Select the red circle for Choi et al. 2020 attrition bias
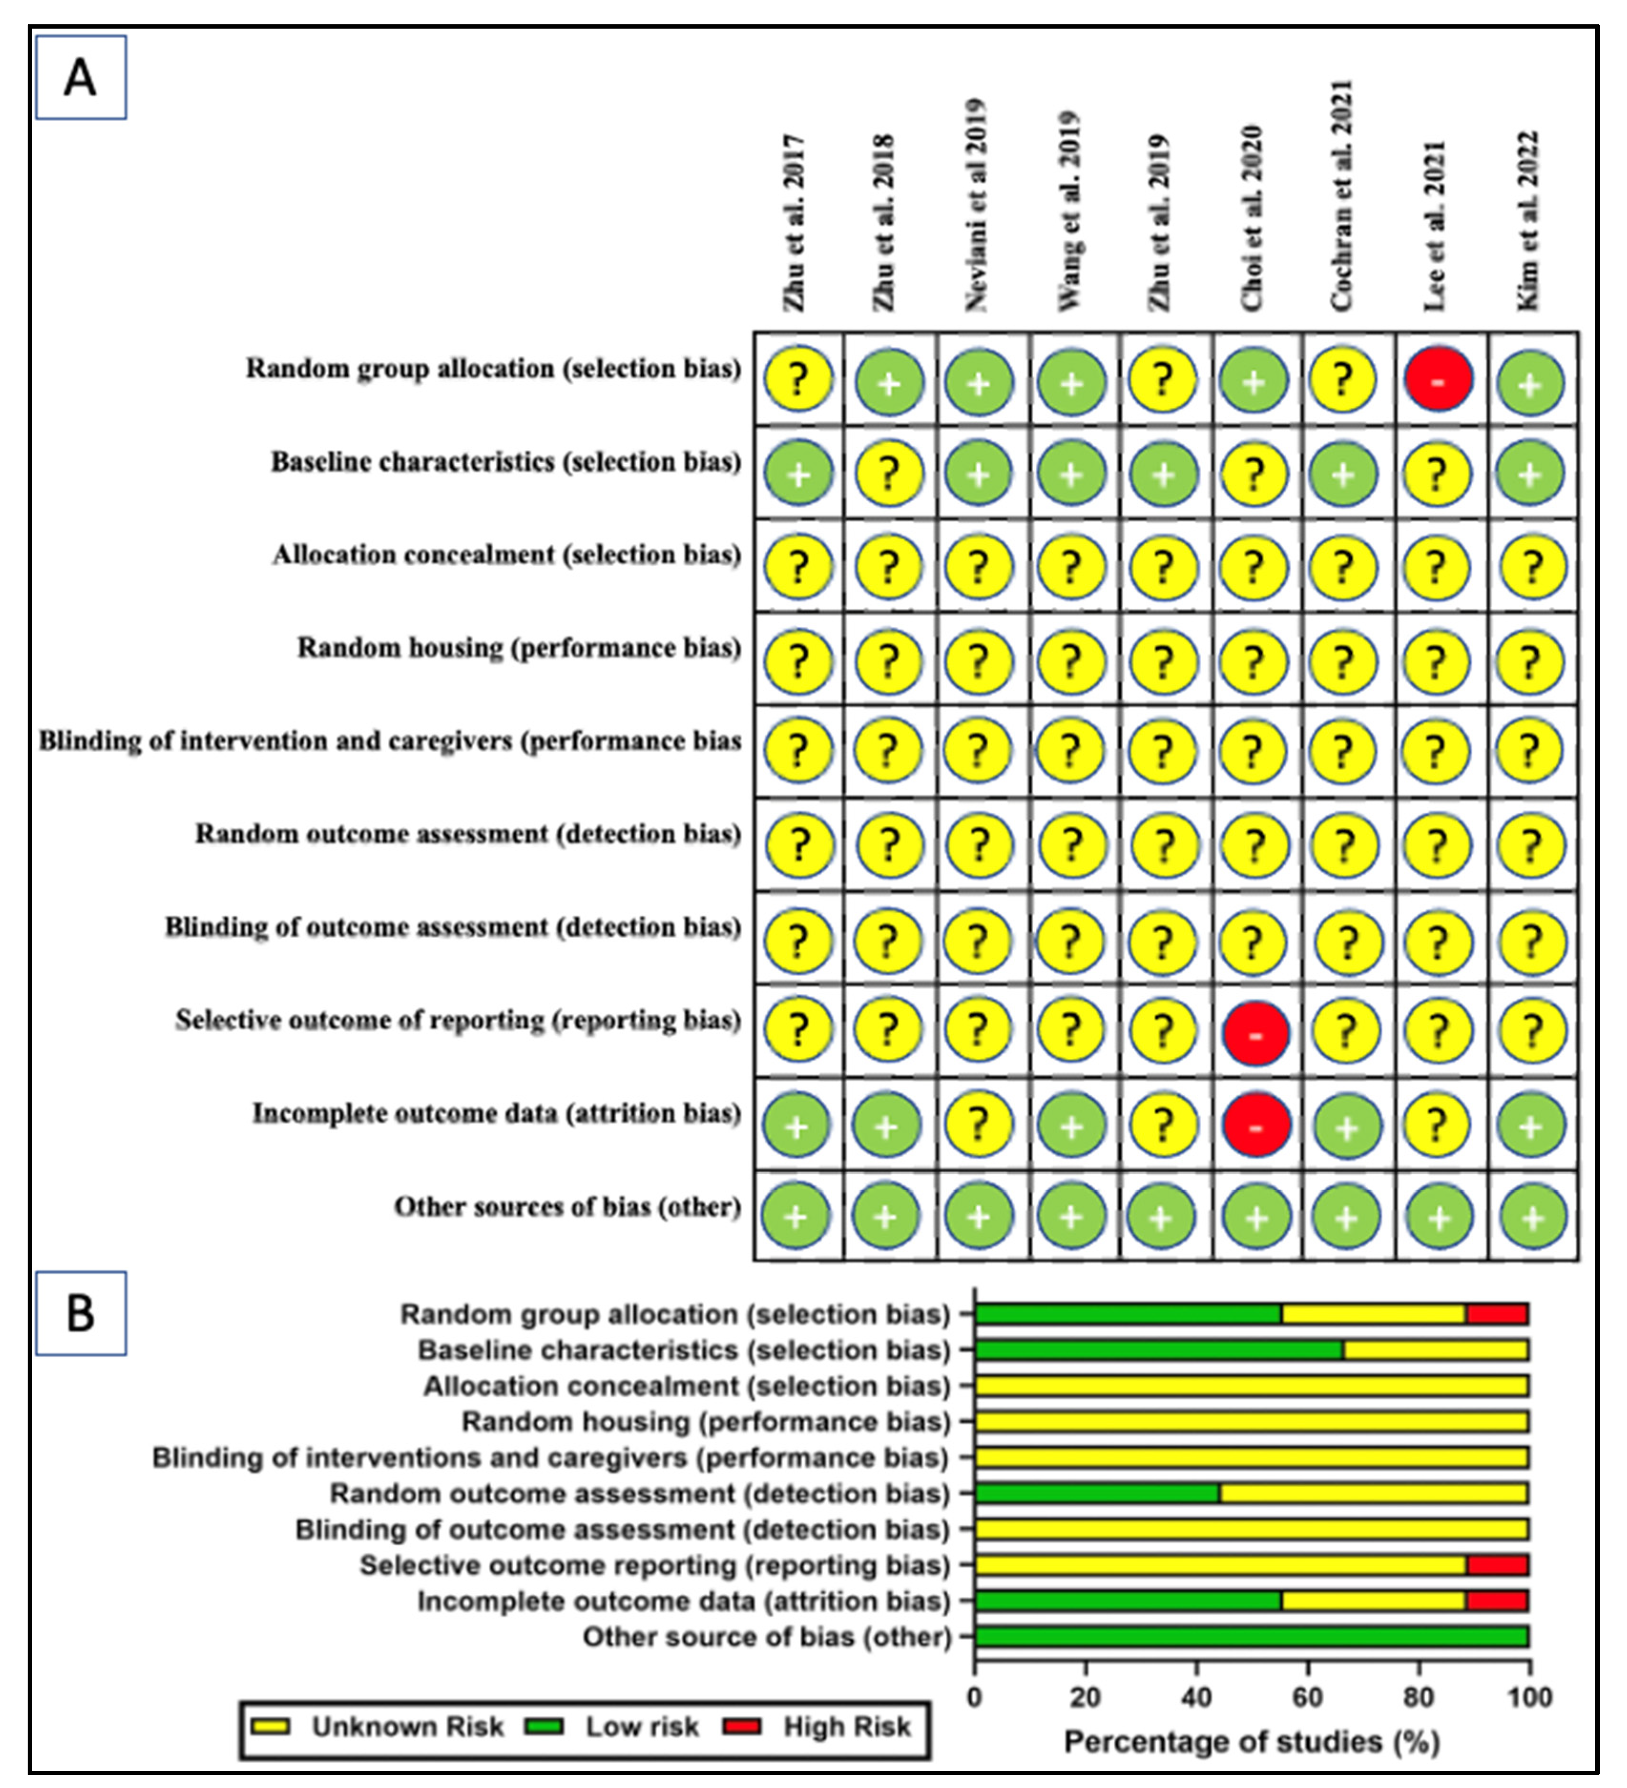pyautogui.click(x=1255, y=1125)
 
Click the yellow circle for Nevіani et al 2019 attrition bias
pyautogui.click(x=978, y=1125)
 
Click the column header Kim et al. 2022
pyautogui.click(x=1528, y=222)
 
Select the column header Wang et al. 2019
pyautogui.click(x=1069, y=211)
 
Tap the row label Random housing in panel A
pyautogui.click(x=519, y=648)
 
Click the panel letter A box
pyautogui.click(x=81, y=78)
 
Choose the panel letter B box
pyautogui.click(x=81, y=1313)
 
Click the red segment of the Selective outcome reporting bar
pyautogui.click(x=1497, y=1565)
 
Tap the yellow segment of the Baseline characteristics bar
pyautogui.click(x=1435, y=1350)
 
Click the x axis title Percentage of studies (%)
pyautogui.click(x=1251, y=1742)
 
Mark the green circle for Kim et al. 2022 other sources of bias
pyautogui.click(x=1532, y=1217)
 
